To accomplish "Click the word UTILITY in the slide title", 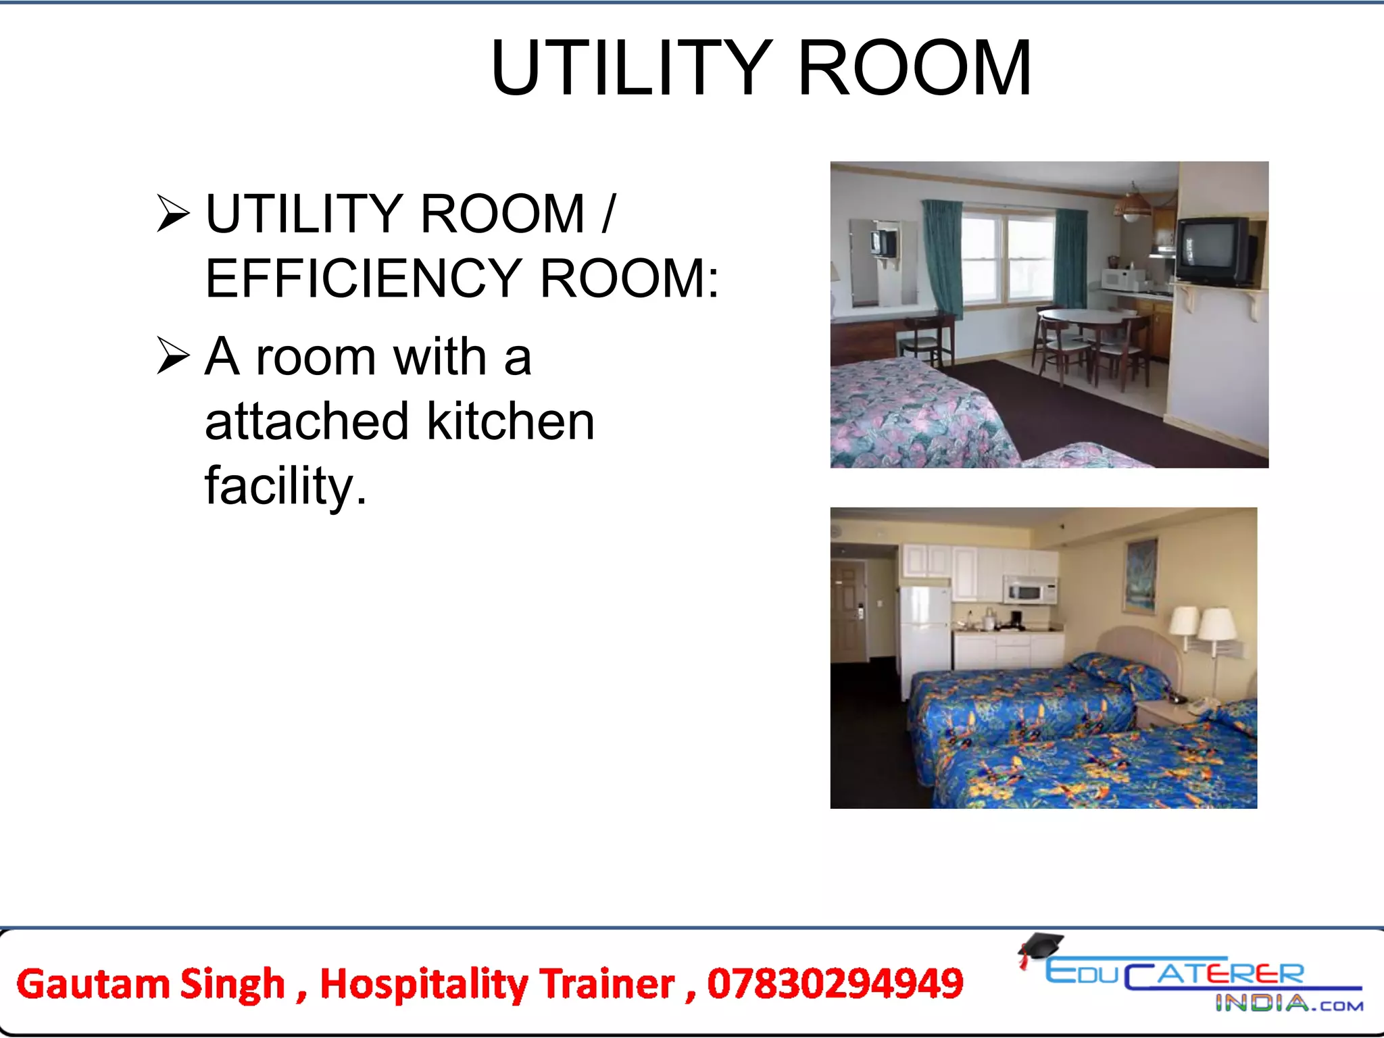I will coord(632,68).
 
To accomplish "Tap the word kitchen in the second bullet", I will coord(511,421).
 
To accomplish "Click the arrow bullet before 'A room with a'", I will coord(173,355).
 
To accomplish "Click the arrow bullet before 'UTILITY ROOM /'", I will coord(173,213).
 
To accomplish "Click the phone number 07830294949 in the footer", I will coord(835,983).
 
